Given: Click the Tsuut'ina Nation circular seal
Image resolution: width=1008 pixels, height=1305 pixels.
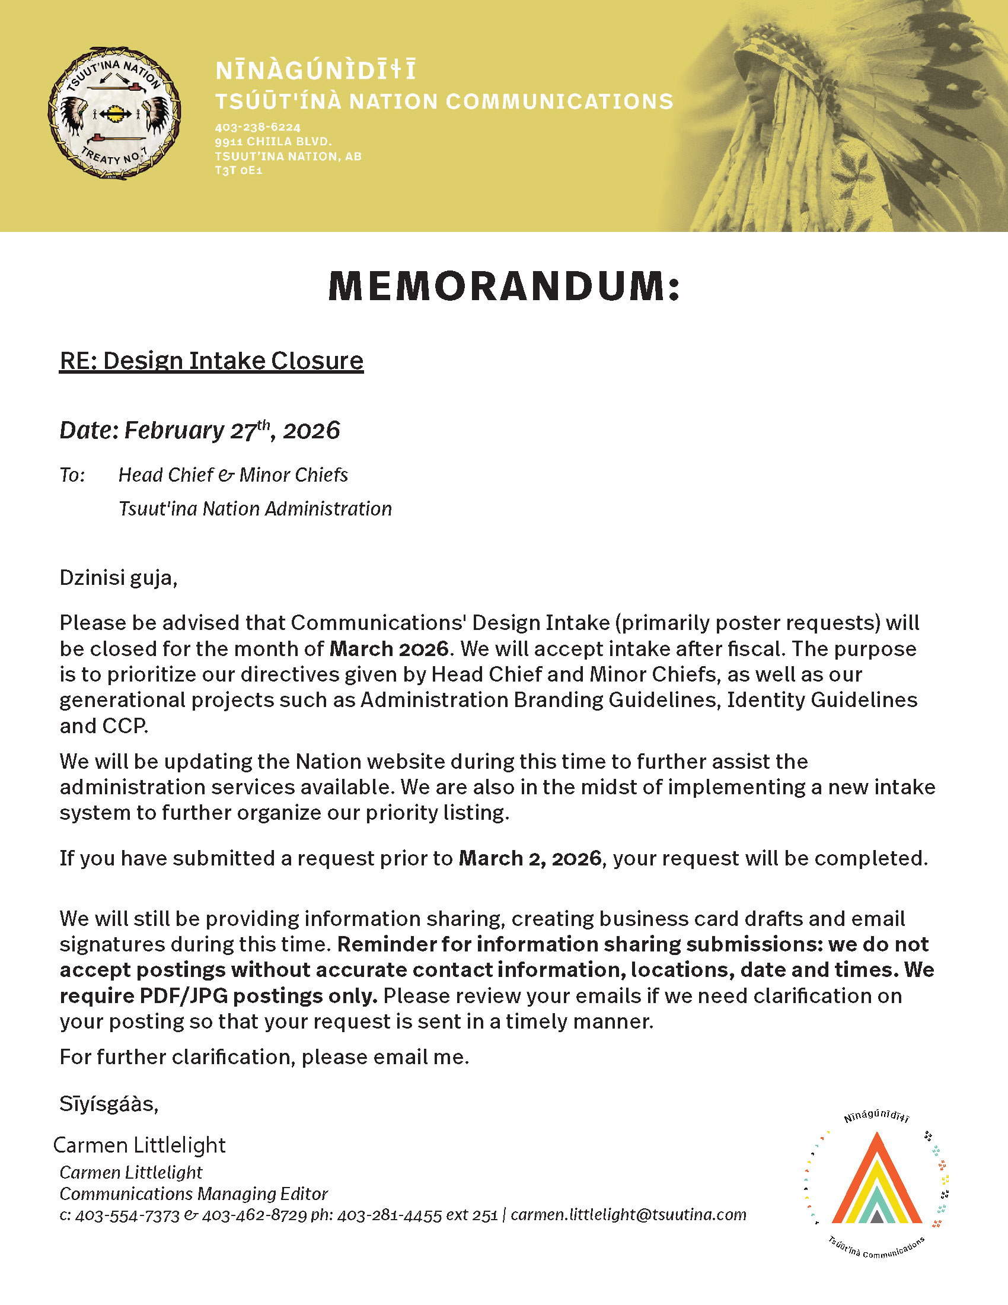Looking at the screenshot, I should [114, 113].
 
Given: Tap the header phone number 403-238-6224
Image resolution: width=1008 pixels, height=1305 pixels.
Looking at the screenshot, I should [257, 128].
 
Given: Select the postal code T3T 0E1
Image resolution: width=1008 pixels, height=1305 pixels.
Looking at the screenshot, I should [238, 170].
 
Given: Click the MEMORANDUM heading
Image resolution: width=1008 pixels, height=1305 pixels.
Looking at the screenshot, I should [504, 287].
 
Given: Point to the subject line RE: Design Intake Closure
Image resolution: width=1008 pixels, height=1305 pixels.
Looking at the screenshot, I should [211, 361].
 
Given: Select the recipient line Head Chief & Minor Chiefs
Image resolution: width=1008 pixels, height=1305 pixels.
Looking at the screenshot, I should [233, 475].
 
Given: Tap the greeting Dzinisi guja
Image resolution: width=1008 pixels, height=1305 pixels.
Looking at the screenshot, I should [118, 578].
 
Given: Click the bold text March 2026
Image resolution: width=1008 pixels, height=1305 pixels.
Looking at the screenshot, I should [389, 649].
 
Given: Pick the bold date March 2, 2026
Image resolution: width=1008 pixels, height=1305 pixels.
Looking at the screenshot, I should [529, 859].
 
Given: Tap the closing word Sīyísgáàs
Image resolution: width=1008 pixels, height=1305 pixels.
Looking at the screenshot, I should [109, 1105].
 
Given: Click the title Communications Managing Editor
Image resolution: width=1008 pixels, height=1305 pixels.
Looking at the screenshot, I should [193, 1194].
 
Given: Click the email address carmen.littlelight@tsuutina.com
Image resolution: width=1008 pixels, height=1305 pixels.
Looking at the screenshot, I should [628, 1215].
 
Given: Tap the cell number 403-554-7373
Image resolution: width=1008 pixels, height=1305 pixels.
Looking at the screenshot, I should [127, 1215].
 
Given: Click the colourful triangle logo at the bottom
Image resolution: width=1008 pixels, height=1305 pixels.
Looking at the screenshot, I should [876, 1180].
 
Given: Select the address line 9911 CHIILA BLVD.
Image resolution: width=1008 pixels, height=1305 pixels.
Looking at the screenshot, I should [273, 142].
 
